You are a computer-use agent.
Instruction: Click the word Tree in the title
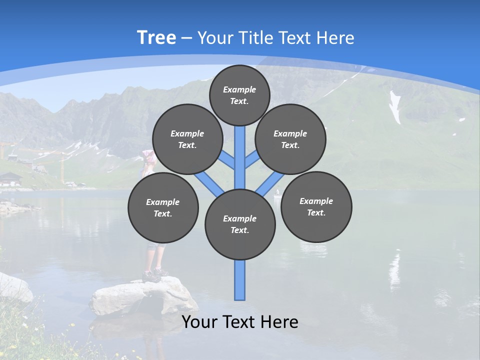pyautogui.click(x=156, y=37)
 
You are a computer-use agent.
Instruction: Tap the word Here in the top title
pyautogui.click(x=335, y=37)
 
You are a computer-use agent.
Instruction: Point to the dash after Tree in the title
pyautogui.click(x=186, y=38)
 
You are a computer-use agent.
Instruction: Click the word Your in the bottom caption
pyautogui.click(x=199, y=322)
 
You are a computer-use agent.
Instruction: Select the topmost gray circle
pyautogui.click(x=239, y=95)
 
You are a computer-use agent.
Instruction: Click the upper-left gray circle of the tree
pyautogui.click(x=187, y=139)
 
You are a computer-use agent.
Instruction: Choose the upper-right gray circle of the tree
pyautogui.click(x=290, y=139)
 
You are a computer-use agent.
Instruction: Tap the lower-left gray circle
pyautogui.click(x=163, y=207)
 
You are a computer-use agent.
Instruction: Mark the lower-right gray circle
pyautogui.click(x=316, y=206)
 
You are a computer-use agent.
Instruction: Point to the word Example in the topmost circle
pyautogui.click(x=239, y=89)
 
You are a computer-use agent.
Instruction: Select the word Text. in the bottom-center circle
pyautogui.click(x=240, y=230)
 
